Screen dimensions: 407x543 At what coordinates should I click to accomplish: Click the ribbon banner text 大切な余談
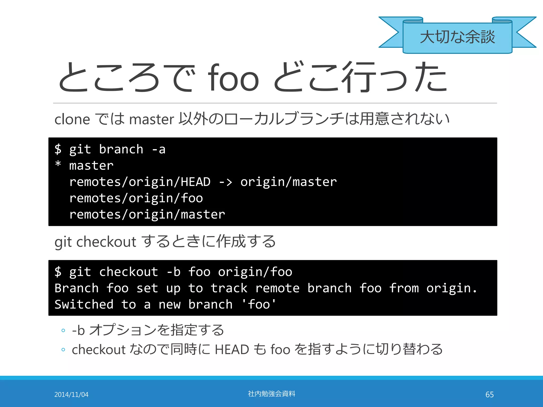(457, 37)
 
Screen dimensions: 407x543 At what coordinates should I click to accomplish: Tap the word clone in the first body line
(72, 120)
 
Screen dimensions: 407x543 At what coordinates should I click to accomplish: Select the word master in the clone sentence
(151, 120)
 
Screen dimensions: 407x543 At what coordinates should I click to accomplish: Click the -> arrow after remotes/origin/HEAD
(226, 182)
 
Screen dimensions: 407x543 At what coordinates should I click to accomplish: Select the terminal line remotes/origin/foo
(136, 198)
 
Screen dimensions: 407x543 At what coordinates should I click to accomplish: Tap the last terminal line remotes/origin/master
(147, 214)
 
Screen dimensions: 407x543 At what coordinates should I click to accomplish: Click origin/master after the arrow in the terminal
(288, 182)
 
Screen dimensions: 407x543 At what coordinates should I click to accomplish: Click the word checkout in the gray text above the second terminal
(106, 242)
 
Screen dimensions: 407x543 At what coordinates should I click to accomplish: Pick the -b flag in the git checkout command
(174, 272)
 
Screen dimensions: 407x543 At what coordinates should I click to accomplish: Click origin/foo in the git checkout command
(255, 272)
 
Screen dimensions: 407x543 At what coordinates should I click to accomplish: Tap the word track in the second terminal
(229, 288)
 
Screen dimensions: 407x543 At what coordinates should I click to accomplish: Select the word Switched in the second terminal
(84, 304)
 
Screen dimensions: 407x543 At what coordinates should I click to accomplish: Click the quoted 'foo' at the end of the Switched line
(259, 304)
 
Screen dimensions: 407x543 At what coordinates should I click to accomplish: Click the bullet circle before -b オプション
(63, 330)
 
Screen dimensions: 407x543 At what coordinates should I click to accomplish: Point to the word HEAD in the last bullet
(232, 350)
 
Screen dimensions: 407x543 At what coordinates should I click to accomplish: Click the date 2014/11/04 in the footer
(71, 395)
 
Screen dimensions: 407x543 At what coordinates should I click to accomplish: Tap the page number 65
(489, 395)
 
